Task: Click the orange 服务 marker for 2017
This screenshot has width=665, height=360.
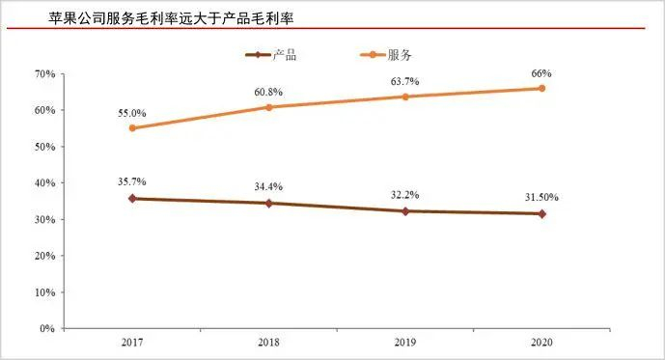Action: point(132,128)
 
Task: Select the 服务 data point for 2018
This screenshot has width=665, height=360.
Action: point(269,107)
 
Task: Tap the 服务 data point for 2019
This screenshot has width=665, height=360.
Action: point(405,97)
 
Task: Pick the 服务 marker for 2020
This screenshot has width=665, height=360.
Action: point(541,88)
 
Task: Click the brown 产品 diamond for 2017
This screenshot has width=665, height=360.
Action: point(132,199)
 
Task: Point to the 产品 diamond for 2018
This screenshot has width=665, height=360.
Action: point(269,204)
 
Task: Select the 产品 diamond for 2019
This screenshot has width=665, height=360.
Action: point(405,211)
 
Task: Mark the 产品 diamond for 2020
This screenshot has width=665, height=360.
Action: point(541,214)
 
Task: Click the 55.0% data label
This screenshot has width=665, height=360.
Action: point(131,113)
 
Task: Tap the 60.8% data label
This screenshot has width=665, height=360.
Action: point(269,92)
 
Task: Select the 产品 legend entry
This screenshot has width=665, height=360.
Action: point(273,55)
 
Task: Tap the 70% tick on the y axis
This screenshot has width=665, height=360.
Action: point(44,73)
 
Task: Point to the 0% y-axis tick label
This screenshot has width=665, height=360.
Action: point(47,329)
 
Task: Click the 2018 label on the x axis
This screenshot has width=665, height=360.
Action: point(269,343)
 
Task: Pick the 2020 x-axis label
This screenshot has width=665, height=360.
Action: point(541,343)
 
